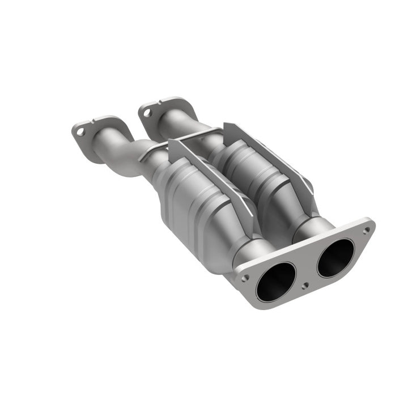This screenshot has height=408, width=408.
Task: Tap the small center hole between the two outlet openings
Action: (x=306, y=286)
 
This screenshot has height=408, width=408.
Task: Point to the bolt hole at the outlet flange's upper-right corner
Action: (x=366, y=230)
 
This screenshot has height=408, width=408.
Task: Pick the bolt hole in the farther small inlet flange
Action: (x=147, y=113)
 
